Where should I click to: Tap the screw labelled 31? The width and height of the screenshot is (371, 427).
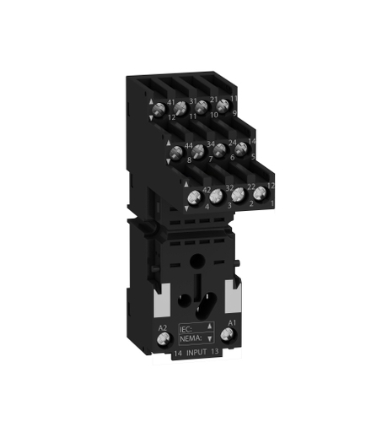click(202, 107)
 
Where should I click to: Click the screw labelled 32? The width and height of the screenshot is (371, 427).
click(215, 196)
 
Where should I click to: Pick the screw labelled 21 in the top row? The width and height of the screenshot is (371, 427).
click(223, 106)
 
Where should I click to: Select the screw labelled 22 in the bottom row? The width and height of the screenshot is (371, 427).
click(237, 195)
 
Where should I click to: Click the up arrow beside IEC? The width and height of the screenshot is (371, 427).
click(208, 323)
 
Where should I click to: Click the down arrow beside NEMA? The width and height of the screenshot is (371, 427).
click(208, 337)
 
